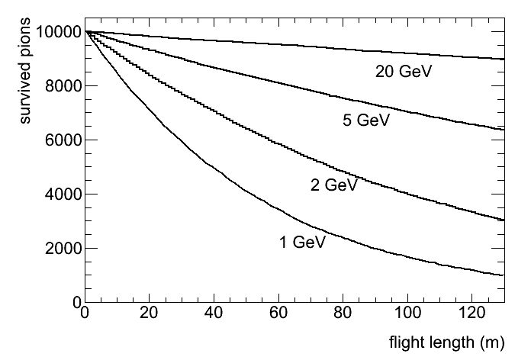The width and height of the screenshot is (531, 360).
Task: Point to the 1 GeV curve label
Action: click(x=302, y=243)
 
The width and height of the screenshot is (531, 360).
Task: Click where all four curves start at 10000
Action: click(x=85, y=32)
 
